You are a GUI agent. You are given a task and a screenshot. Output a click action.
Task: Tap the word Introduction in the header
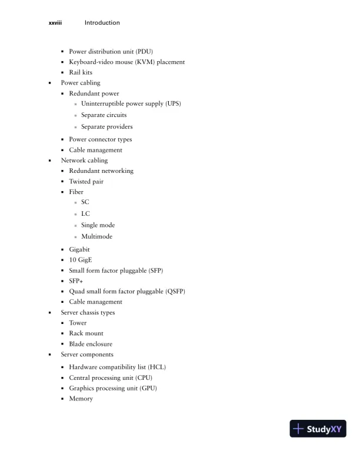point(102,23)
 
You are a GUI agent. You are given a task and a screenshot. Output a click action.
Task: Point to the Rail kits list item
point(81,72)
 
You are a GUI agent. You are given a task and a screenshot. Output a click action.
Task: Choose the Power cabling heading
point(81,83)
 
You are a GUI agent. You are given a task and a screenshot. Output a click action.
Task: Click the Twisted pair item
point(86,182)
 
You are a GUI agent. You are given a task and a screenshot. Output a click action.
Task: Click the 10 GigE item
point(81,259)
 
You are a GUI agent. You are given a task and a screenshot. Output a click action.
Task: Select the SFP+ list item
point(76,281)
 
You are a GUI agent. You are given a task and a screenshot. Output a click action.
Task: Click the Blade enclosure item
point(91,344)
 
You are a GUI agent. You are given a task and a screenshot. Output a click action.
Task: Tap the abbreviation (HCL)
point(156,367)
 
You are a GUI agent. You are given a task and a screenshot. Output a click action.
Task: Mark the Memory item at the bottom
point(81,399)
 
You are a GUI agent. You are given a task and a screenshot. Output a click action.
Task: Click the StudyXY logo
point(318,429)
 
